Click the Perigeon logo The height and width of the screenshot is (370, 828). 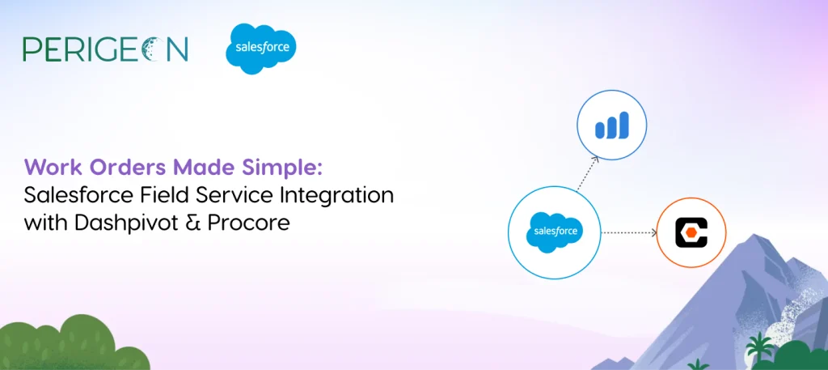click(105, 49)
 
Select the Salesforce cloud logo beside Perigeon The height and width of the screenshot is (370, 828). click(261, 49)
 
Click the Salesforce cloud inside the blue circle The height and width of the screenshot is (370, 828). click(555, 232)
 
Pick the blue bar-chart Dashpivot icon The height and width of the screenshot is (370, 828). click(611, 125)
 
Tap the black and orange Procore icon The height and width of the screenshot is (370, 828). click(691, 233)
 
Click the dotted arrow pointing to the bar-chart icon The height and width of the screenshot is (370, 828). click(587, 173)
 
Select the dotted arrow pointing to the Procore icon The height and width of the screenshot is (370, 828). click(629, 232)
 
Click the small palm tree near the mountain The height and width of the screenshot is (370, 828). click(758, 347)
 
